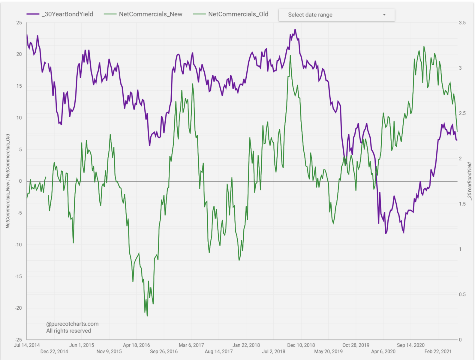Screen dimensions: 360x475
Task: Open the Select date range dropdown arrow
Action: [x=384, y=15]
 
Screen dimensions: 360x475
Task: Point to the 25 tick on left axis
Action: [x=19, y=22]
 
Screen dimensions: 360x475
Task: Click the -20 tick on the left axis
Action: [x=19, y=308]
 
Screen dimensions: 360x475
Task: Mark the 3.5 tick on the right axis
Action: [x=462, y=22]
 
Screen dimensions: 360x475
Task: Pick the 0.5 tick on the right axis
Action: [x=462, y=295]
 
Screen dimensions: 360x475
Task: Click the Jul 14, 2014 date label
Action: [x=27, y=345]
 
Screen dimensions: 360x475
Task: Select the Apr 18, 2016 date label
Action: [x=136, y=345]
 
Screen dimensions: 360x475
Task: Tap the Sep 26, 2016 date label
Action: [x=164, y=351]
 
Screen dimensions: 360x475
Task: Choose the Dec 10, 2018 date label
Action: [x=301, y=345]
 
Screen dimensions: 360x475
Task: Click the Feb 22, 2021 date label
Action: [x=438, y=351]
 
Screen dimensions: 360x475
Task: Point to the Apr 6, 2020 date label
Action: [x=383, y=351]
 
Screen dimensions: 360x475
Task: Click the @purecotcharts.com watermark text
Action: [x=72, y=324]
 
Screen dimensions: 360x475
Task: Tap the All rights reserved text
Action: [x=68, y=331]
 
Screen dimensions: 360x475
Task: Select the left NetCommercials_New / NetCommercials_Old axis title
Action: [x=8, y=181]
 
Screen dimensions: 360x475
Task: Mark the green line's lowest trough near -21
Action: [x=147, y=316]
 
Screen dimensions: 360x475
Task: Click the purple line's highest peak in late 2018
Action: [x=295, y=29]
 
